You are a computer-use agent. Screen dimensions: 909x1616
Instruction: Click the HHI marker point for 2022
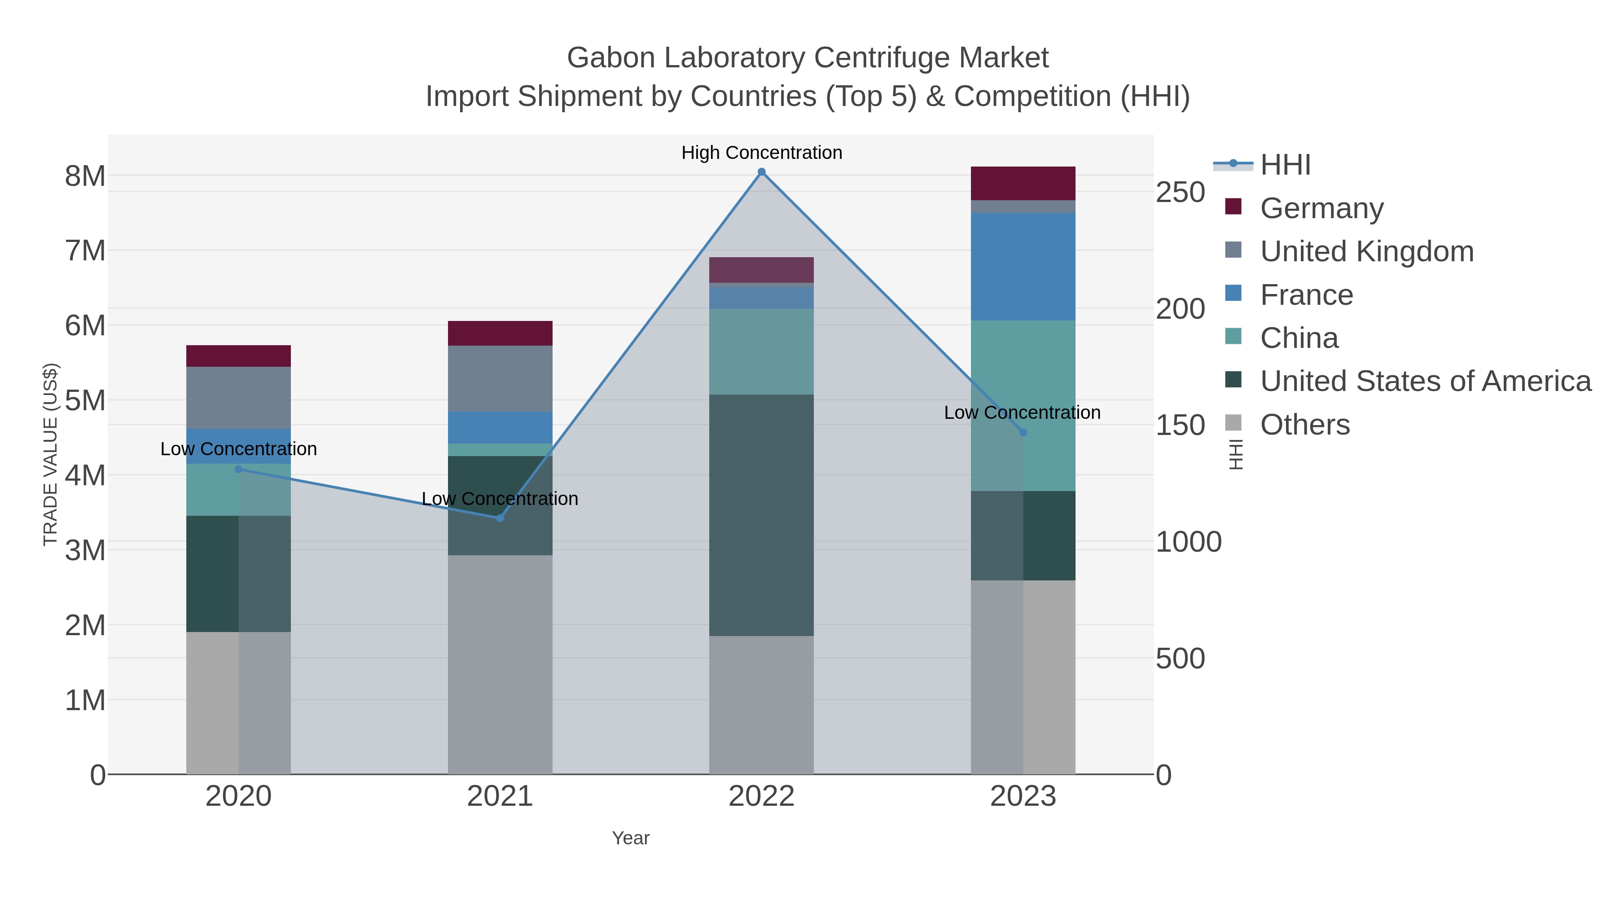coord(762,172)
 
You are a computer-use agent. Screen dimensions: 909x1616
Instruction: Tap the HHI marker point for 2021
coord(500,518)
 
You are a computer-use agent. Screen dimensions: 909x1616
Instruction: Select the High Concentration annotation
coord(762,153)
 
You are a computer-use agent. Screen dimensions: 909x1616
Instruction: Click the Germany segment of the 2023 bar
coord(1023,183)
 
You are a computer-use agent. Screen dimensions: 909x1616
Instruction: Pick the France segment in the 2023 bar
coord(1023,267)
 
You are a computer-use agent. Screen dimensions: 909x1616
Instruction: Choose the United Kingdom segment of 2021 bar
coord(500,378)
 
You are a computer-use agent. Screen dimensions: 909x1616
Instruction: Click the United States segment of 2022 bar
coord(762,514)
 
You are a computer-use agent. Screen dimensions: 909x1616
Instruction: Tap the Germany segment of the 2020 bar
coord(238,356)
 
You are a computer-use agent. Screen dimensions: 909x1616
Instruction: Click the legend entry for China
coord(1299,338)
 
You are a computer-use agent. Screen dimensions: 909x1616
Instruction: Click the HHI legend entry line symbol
coord(1233,164)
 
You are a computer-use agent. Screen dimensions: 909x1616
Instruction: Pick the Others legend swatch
coord(1233,423)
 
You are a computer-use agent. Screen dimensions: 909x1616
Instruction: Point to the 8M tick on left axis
coord(85,176)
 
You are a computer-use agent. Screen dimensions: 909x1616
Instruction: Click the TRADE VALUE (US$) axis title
coord(50,454)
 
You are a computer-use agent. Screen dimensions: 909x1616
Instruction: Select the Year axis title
coord(631,838)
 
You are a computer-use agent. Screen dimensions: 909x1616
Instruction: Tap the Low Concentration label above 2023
coord(1022,413)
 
